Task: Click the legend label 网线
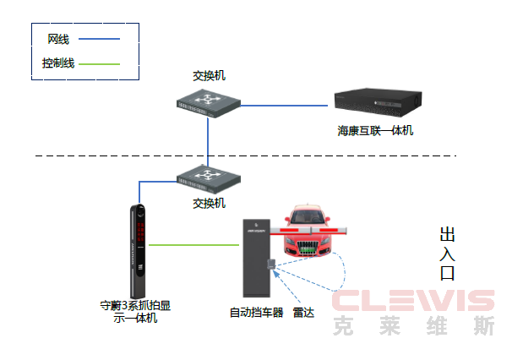pos(58,39)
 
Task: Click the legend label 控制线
pos(58,63)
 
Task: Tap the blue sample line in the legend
pos(99,39)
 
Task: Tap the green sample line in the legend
pos(99,64)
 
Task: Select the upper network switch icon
pos(209,104)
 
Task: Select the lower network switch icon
pos(209,178)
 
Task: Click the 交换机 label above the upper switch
pos(209,76)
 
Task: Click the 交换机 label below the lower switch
pos(209,204)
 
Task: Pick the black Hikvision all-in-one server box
pos(379,102)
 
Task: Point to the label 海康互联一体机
pos(375,131)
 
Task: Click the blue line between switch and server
pos(284,106)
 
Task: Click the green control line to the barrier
pos(194,245)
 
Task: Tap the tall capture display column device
pos(138,251)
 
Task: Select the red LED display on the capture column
pos(141,232)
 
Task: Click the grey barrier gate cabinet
pos(256,258)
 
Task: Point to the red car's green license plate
pos(308,250)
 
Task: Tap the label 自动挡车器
pos(256,313)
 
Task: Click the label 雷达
pos(303,313)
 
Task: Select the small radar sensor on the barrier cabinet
pos(271,264)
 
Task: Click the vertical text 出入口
pos(447,254)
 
